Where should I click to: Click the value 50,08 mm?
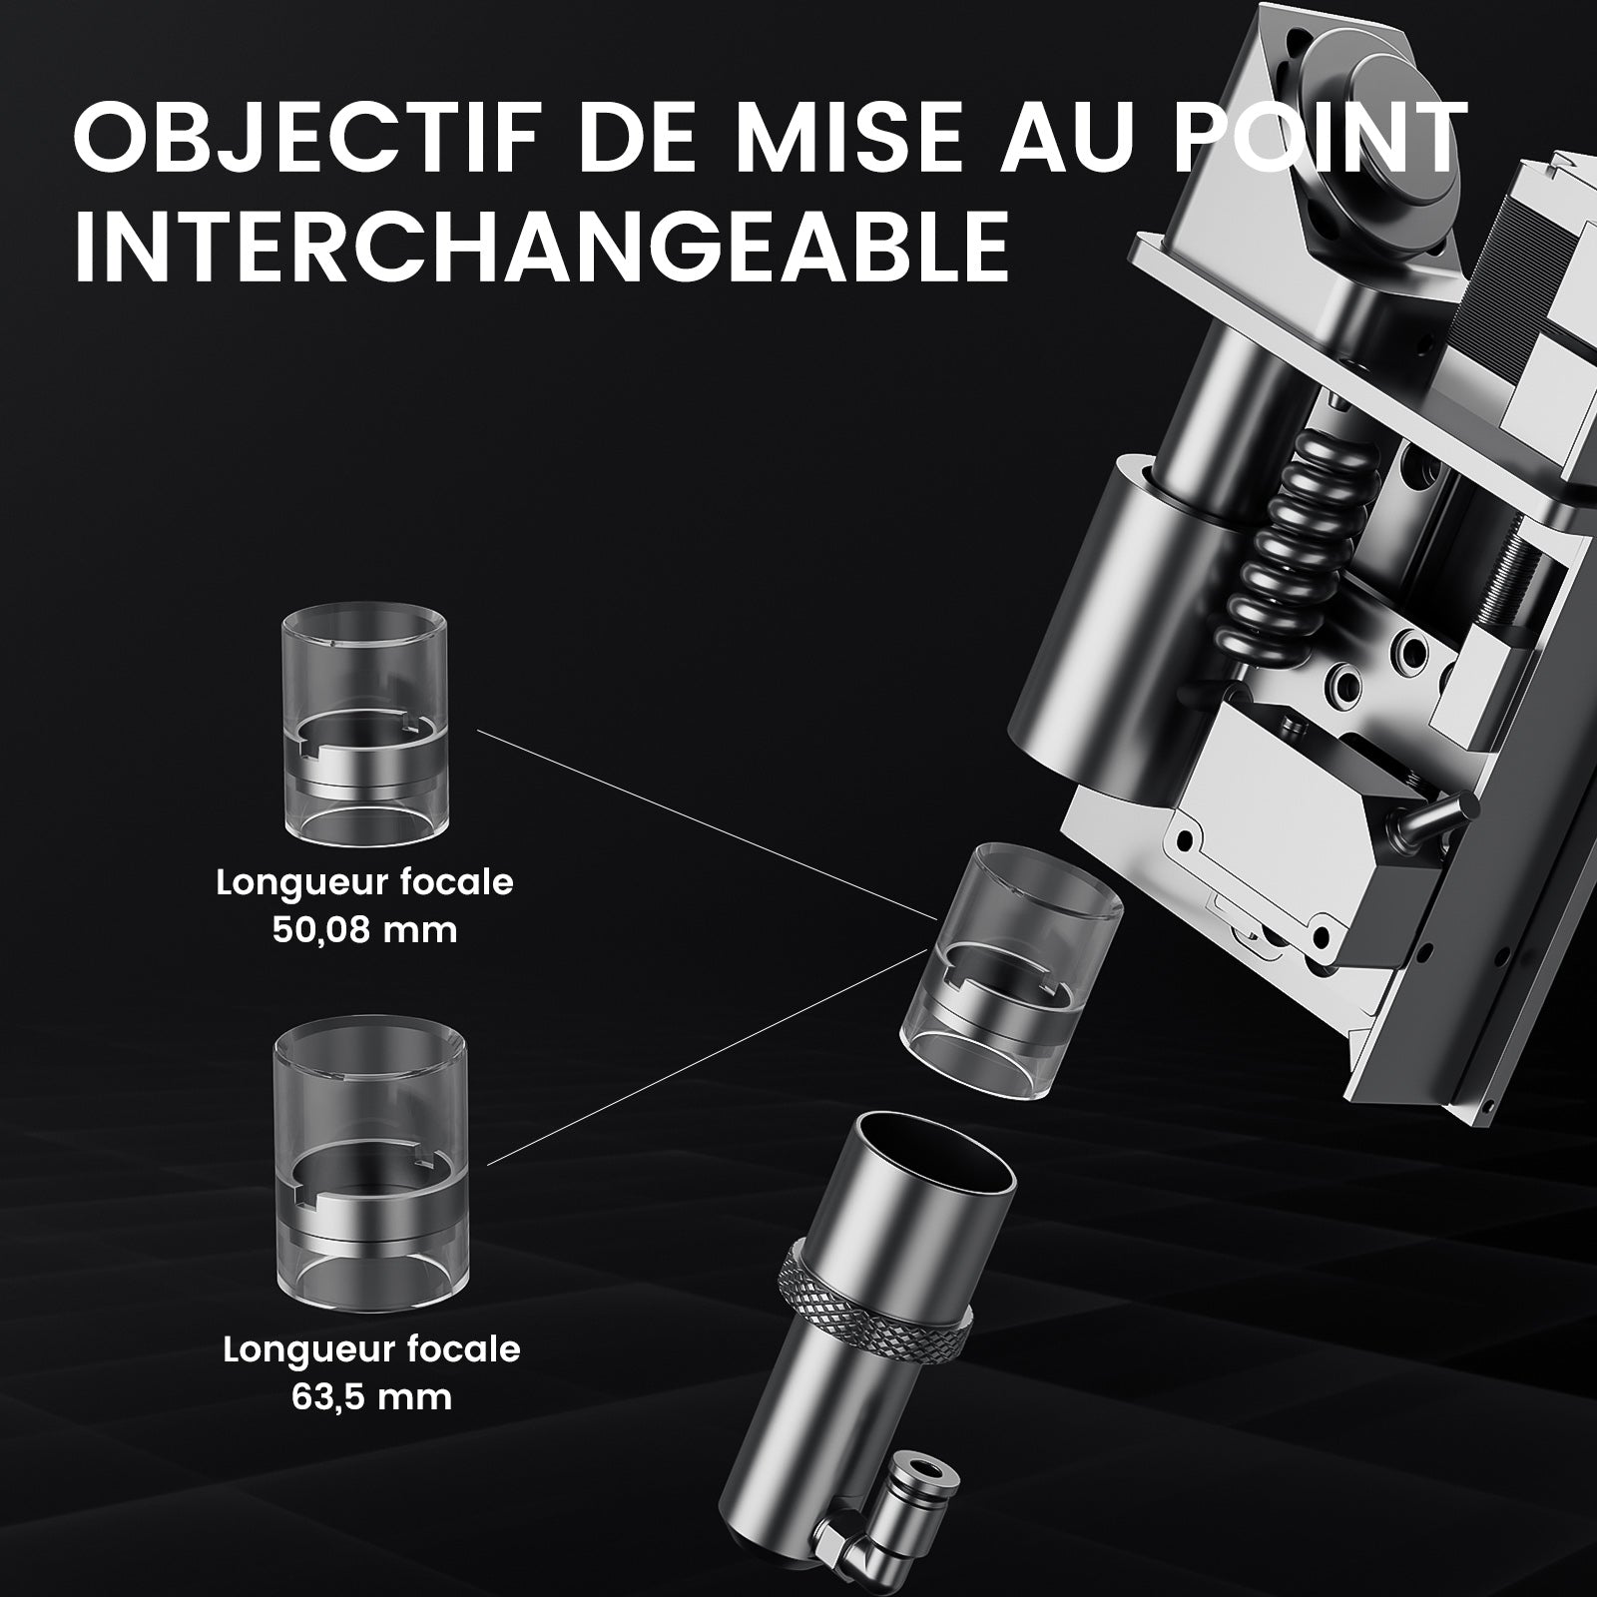pyautogui.click(x=364, y=930)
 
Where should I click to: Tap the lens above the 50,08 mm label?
pyautogui.click(x=364, y=738)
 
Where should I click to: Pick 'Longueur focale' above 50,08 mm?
pyautogui.click(x=364, y=882)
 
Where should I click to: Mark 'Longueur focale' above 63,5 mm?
pyautogui.click(x=371, y=1348)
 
